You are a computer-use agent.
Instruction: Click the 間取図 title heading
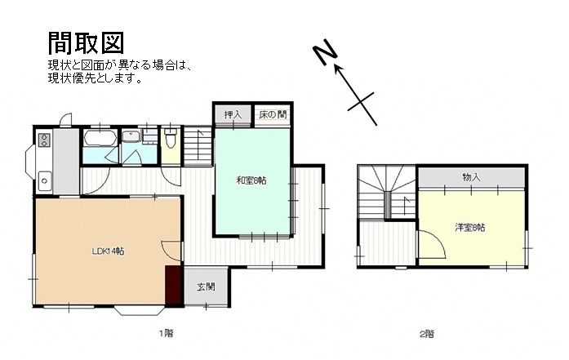point(87,42)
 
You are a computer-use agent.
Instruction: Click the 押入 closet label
point(233,114)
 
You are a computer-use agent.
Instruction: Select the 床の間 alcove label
point(273,114)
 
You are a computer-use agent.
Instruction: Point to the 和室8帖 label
point(251,180)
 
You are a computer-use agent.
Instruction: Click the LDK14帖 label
point(108,251)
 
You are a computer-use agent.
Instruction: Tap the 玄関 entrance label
point(206,287)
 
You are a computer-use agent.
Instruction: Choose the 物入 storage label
point(471,177)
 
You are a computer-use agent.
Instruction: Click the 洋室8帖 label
point(470,228)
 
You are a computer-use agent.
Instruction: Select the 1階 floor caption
point(167,333)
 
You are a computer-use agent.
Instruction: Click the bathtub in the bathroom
point(100,138)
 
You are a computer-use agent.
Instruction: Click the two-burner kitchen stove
point(44,140)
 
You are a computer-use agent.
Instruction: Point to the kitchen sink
point(45,180)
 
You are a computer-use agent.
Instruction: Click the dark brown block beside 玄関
point(173,285)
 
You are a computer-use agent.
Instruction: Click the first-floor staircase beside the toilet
point(198,145)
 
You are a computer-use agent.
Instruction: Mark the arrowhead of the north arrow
point(339,69)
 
